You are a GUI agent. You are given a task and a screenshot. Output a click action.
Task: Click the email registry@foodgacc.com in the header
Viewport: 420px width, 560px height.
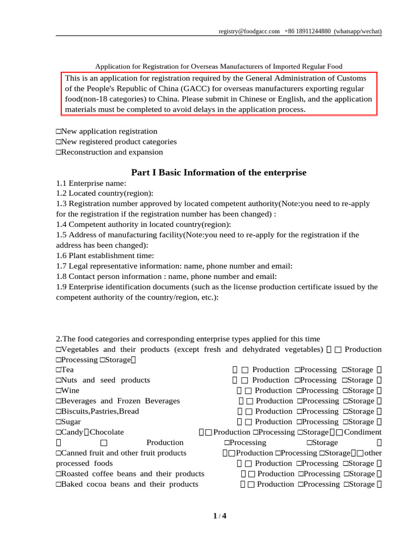pyautogui.click(x=249, y=31)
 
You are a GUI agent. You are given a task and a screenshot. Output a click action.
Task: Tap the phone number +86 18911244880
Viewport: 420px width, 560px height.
pyautogui.click(x=307, y=31)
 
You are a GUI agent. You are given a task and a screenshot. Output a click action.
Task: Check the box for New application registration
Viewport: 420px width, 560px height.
pyautogui.click(x=59, y=132)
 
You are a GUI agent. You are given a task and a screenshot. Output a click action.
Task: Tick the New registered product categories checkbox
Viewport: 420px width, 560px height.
pyautogui.click(x=59, y=142)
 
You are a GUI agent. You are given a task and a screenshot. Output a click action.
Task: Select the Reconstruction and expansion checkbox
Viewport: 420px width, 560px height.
pyautogui.click(x=59, y=153)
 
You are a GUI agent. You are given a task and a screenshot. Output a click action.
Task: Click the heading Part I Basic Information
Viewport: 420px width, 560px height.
pyautogui.click(x=219, y=173)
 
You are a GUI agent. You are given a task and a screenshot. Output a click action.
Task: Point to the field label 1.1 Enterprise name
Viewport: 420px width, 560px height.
pyautogui.click(x=91, y=183)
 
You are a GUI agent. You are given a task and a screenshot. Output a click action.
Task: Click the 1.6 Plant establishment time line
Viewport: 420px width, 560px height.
pyautogui.click(x=105, y=255)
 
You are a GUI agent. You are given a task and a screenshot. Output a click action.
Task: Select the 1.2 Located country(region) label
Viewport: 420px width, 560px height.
pyautogui.click(x=104, y=194)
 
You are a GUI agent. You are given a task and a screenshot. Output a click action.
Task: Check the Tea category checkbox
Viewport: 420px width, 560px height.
pyautogui.click(x=59, y=370)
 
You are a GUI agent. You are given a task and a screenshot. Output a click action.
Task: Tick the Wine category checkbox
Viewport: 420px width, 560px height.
pyautogui.click(x=59, y=391)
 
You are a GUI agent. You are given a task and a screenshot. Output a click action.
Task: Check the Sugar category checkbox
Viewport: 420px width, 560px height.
pyautogui.click(x=59, y=422)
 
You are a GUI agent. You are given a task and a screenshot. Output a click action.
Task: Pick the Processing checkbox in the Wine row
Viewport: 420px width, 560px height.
pyautogui.click(x=299, y=391)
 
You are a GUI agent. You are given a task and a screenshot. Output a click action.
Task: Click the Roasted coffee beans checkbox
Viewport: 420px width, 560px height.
pyautogui.click(x=59, y=474)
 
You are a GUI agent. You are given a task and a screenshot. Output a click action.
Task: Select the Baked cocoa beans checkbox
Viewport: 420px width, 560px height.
pyautogui.click(x=59, y=485)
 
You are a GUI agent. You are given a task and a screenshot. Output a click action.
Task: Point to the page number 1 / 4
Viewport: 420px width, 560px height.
pyautogui.click(x=219, y=516)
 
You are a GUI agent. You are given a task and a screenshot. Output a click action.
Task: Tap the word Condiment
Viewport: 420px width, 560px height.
pyautogui.click(x=363, y=433)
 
